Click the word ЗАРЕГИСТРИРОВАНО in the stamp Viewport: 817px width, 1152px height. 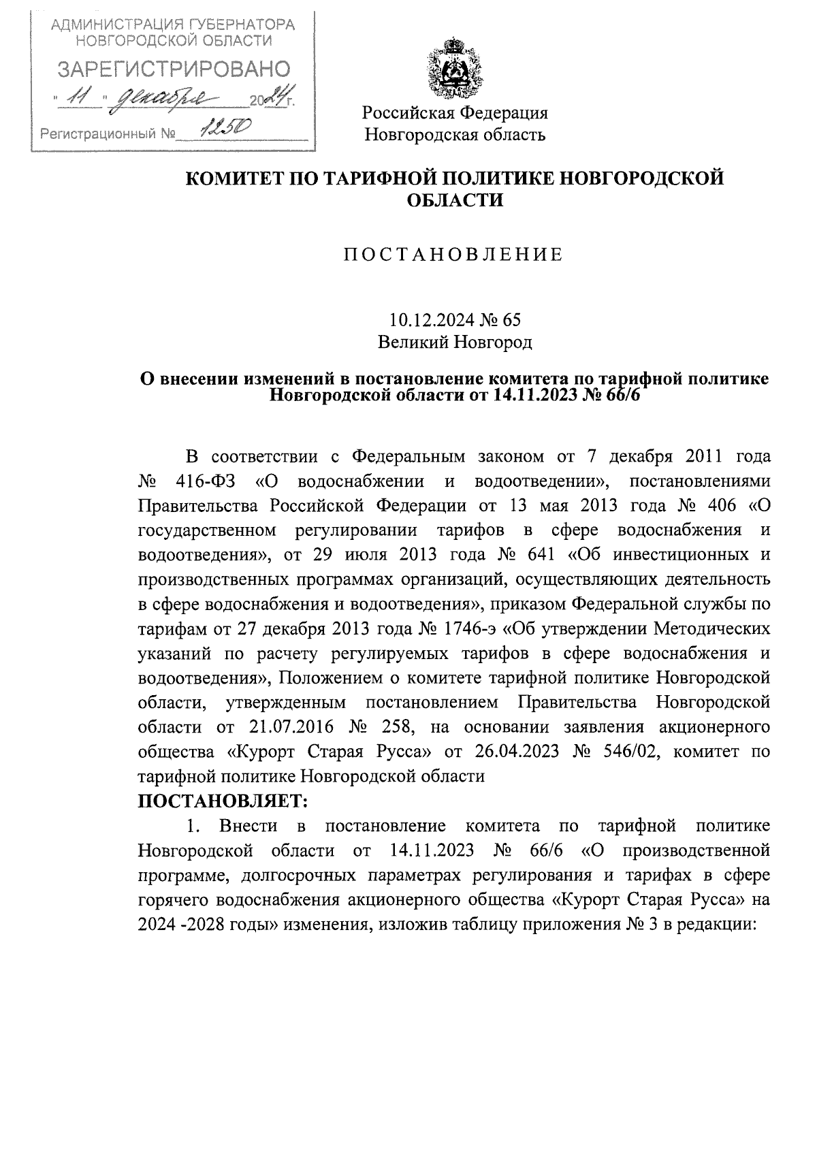(x=174, y=69)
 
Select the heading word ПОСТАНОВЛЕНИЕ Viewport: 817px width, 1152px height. (x=453, y=255)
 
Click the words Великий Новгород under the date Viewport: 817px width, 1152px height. (x=454, y=342)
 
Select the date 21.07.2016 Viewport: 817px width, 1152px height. (x=290, y=726)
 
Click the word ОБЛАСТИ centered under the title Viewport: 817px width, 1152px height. (x=454, y=200)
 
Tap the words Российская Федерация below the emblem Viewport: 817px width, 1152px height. (x=454, y=112)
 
